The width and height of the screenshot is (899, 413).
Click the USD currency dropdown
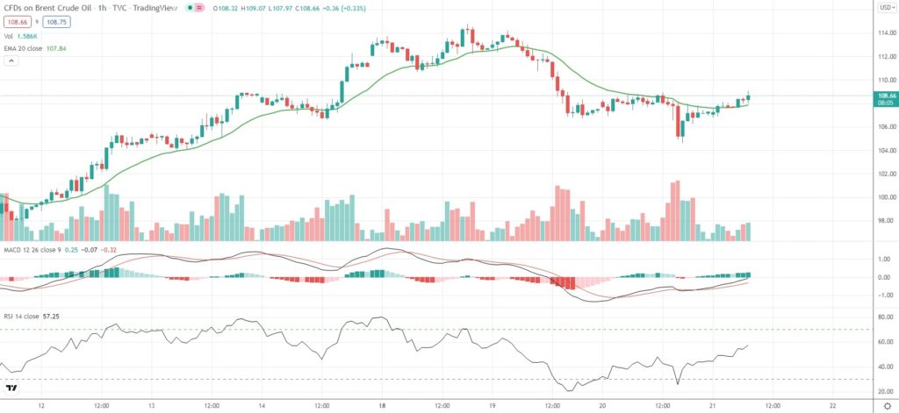[885, 8]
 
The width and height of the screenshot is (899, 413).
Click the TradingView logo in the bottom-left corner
[12, 387]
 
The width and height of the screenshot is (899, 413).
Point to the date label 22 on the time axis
[832, 405]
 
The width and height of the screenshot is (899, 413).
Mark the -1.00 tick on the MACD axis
[883, 296]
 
